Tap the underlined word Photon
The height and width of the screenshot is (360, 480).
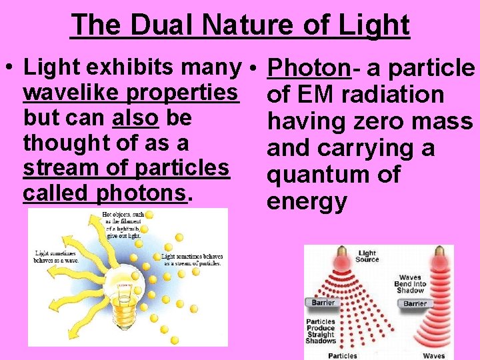tap(308, 68)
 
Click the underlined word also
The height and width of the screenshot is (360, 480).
tap(136, 118)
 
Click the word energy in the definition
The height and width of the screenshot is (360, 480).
tap(307, 201)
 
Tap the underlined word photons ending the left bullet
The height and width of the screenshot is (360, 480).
tap(141, 194)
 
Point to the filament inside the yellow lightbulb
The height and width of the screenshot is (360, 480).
tap(123, 280)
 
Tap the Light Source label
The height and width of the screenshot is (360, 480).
tap(367, 257)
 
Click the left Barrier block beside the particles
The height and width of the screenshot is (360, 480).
tap(320, 303)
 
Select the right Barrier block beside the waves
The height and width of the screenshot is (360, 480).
tap(415, 303)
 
